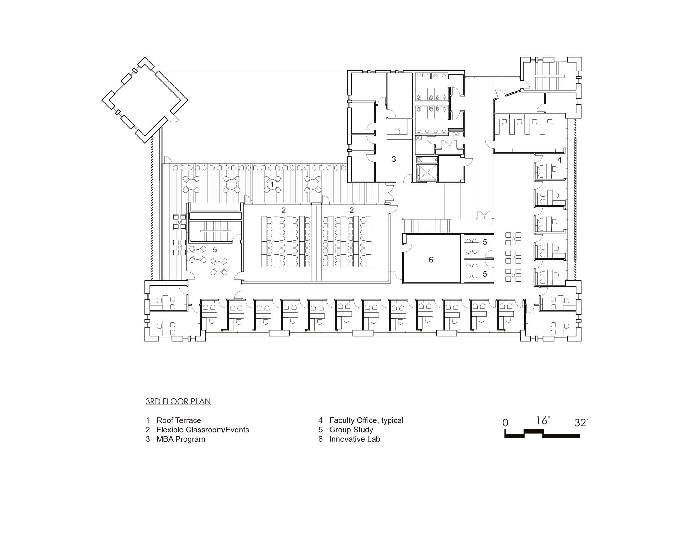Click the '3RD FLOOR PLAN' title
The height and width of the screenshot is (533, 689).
coord(178,401)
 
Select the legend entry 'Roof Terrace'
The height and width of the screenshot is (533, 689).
coord(179,420)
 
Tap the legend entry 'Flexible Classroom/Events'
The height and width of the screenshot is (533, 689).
coord(203,430)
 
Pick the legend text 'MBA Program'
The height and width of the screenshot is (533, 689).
coord(181,439)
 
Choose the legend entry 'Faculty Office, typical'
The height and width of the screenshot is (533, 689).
coord(366,420)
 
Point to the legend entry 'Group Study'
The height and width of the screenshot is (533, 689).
coord(351,430)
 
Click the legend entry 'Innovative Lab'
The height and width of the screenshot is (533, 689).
coord(355,439)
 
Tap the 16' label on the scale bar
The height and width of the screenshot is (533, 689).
coord(543,420)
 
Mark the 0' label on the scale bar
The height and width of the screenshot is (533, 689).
coord(507,423)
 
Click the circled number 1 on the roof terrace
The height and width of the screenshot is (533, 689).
coord(272,184)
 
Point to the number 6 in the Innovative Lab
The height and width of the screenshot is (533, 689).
coord(431,260)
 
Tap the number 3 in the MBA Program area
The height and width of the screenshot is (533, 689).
coord(394,160)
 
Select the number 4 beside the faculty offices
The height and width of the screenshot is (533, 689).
coord(559,160)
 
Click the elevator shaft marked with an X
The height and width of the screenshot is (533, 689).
coord(427,173)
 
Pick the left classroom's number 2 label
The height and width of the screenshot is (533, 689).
coord(284,210)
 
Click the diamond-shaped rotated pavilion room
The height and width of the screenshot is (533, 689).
coord(145,100)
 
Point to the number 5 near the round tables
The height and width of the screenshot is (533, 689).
coord(215,250)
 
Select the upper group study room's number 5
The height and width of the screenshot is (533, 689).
coord(485,242)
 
